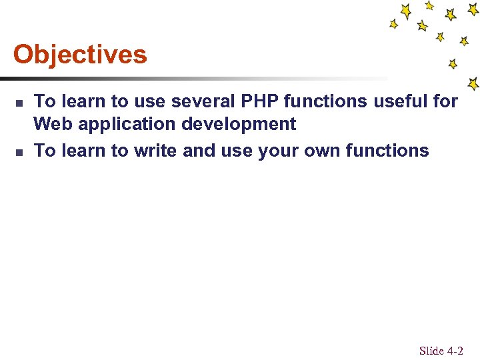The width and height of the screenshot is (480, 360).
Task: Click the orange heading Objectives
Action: (x=80, y=55)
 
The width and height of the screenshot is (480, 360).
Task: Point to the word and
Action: (x=199, y=151)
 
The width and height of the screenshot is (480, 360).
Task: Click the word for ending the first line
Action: (x=446, y=101)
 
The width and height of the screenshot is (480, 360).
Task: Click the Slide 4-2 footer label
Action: (x=441, y=350)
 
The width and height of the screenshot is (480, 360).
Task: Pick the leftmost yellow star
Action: (x=394, y=23)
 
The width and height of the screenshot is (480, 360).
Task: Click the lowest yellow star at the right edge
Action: (x=473, y=84)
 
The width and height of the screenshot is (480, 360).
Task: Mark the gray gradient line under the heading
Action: (x=200, y=79)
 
